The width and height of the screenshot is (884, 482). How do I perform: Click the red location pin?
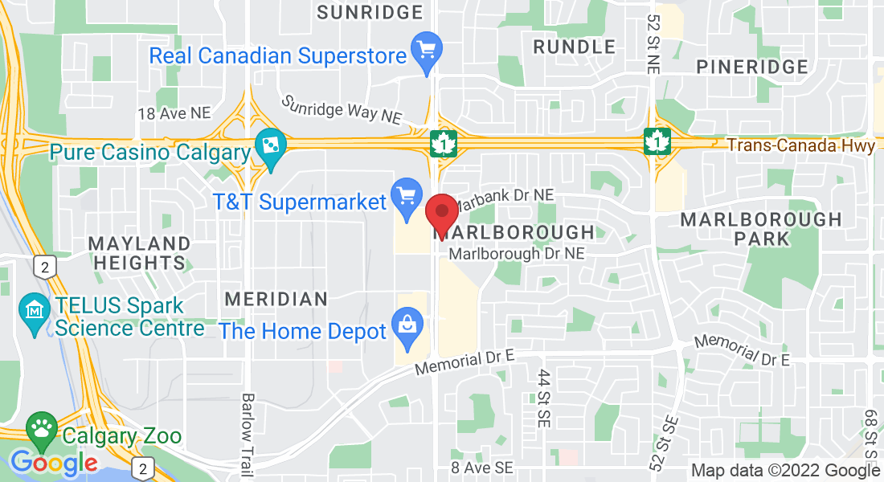[441, 212]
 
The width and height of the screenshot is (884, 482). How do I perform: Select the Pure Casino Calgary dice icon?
[270, 147]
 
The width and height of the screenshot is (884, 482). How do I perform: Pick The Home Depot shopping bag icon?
[407, 326]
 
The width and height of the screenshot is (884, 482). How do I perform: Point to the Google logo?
[53, 463]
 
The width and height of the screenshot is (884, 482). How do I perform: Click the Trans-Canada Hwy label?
[800, 146]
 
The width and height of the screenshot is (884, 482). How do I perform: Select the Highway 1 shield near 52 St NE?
[657, 142]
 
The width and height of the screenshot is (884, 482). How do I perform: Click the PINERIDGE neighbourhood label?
[752, 67]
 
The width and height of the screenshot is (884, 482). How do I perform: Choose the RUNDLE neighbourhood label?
[575, 47]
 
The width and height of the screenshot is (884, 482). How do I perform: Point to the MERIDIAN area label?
[276, 299]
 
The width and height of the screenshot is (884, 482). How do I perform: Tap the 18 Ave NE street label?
[174, 114]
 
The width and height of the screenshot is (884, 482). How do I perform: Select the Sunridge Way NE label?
[342, 110]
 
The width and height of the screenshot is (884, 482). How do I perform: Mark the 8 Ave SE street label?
[481, 467]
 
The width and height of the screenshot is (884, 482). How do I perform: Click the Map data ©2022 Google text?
[786, 471]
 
